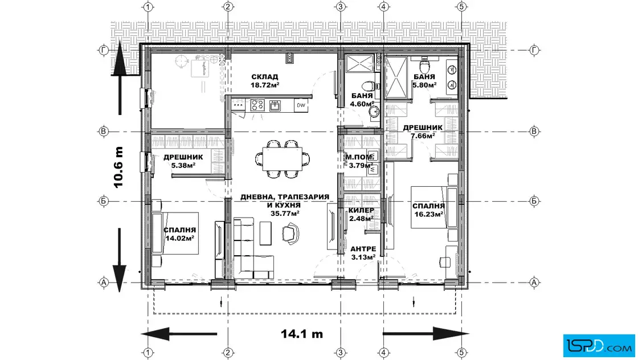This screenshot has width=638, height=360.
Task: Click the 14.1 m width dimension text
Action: pos(301,334)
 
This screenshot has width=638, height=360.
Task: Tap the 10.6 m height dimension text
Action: pos(118,167)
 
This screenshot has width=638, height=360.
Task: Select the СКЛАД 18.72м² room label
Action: pos(265,81)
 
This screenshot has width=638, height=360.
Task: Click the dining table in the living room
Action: pos(283,159)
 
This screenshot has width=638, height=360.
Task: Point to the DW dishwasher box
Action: pos(301,105)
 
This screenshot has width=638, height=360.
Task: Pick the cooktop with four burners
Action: pos(257,105)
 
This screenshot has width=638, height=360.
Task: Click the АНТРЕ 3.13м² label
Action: pos(363,253)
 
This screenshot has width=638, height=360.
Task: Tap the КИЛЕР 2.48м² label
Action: pos(361,214)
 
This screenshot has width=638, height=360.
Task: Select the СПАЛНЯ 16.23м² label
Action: pos(428,210)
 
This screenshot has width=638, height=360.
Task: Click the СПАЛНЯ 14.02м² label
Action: pos(180,234)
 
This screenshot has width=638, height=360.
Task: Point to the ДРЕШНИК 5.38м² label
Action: pos(183,161)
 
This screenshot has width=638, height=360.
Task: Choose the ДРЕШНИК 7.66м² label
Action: pos(423,132)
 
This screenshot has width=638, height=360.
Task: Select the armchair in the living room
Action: pos(291,234)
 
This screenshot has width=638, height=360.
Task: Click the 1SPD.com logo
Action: pos(599,346)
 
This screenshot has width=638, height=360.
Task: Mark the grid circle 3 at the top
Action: pos(341,7)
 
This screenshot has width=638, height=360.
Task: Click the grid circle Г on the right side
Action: pos(534,50)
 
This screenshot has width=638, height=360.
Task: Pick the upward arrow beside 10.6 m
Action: pos(120,77)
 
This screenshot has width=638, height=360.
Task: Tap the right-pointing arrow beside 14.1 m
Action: pos(426,334)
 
